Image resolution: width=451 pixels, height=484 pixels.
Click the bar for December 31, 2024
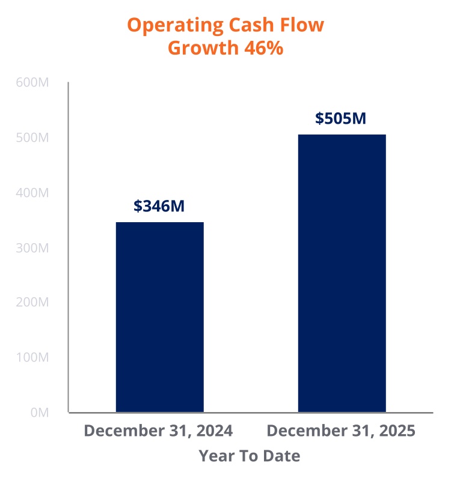pyautogui.click(x=159, y=317)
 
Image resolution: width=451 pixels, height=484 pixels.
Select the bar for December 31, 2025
pyautogui.click(x=342, y=273)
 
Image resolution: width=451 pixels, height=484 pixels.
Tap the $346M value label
pyautogui.click(x=159, y=206)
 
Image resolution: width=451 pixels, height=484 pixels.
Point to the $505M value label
pyautogui.click(x=340, y=118)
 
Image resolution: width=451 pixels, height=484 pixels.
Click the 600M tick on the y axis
pyautogui.click(x=31, y=83)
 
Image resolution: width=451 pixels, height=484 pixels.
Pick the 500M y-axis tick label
pyautogui.click(x=31, y=138)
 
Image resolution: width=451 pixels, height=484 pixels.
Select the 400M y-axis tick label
pyautogui.click(x=31, y=193)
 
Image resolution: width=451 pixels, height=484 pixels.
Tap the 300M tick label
pyautogui.click(x=31, y=248)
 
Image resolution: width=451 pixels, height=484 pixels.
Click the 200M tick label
pyautogui.click(x=31, y=303)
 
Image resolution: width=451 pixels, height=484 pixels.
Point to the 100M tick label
pyautogui.click(x=31, y=358)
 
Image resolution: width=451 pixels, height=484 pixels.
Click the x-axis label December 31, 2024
pyautogui.click(x=158, y=431)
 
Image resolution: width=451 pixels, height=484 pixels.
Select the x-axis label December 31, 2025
pyautogui.click(x=341, y=431)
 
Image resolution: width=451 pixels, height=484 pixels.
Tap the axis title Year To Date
pyautogui.click(x=250, y=456)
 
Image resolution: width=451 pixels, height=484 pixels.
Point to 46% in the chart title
pyautogui.click(x=263, y=49)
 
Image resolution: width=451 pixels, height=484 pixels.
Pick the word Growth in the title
pyautogui.click(x=203, y=49)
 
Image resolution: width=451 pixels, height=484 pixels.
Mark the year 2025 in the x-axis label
pyautogui.click(x=397, y=431)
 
